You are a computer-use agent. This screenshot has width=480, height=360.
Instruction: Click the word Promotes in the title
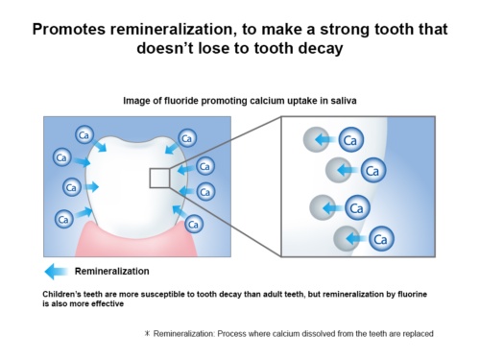click(69, 30)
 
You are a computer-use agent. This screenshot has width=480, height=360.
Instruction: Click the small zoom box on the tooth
click(159, 179)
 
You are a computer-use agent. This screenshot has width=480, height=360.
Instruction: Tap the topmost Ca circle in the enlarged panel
click(351, 139)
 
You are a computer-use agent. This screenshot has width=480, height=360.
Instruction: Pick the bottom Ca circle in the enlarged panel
click(381, 238)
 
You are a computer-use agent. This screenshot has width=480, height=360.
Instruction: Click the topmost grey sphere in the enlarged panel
click(316, 139)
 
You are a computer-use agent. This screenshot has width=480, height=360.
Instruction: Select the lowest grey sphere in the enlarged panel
click(346, 238)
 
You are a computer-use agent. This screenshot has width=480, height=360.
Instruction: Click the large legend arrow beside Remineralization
click(56, 272)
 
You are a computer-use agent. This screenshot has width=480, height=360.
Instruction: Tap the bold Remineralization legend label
click(112, 272)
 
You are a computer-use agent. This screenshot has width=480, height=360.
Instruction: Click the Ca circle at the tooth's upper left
click(84, 134)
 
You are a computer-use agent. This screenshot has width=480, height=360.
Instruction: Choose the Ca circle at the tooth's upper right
click(187, 138)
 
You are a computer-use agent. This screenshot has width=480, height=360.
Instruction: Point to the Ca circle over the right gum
click(194, 224)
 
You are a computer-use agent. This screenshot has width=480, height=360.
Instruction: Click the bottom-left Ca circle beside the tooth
click(64, 219)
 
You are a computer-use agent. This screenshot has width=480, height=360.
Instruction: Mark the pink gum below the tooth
click(136, 244)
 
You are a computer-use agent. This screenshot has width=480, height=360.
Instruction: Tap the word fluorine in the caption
click(412, 294)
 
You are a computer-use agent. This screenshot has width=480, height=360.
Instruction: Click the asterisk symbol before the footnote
click(147, 333)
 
